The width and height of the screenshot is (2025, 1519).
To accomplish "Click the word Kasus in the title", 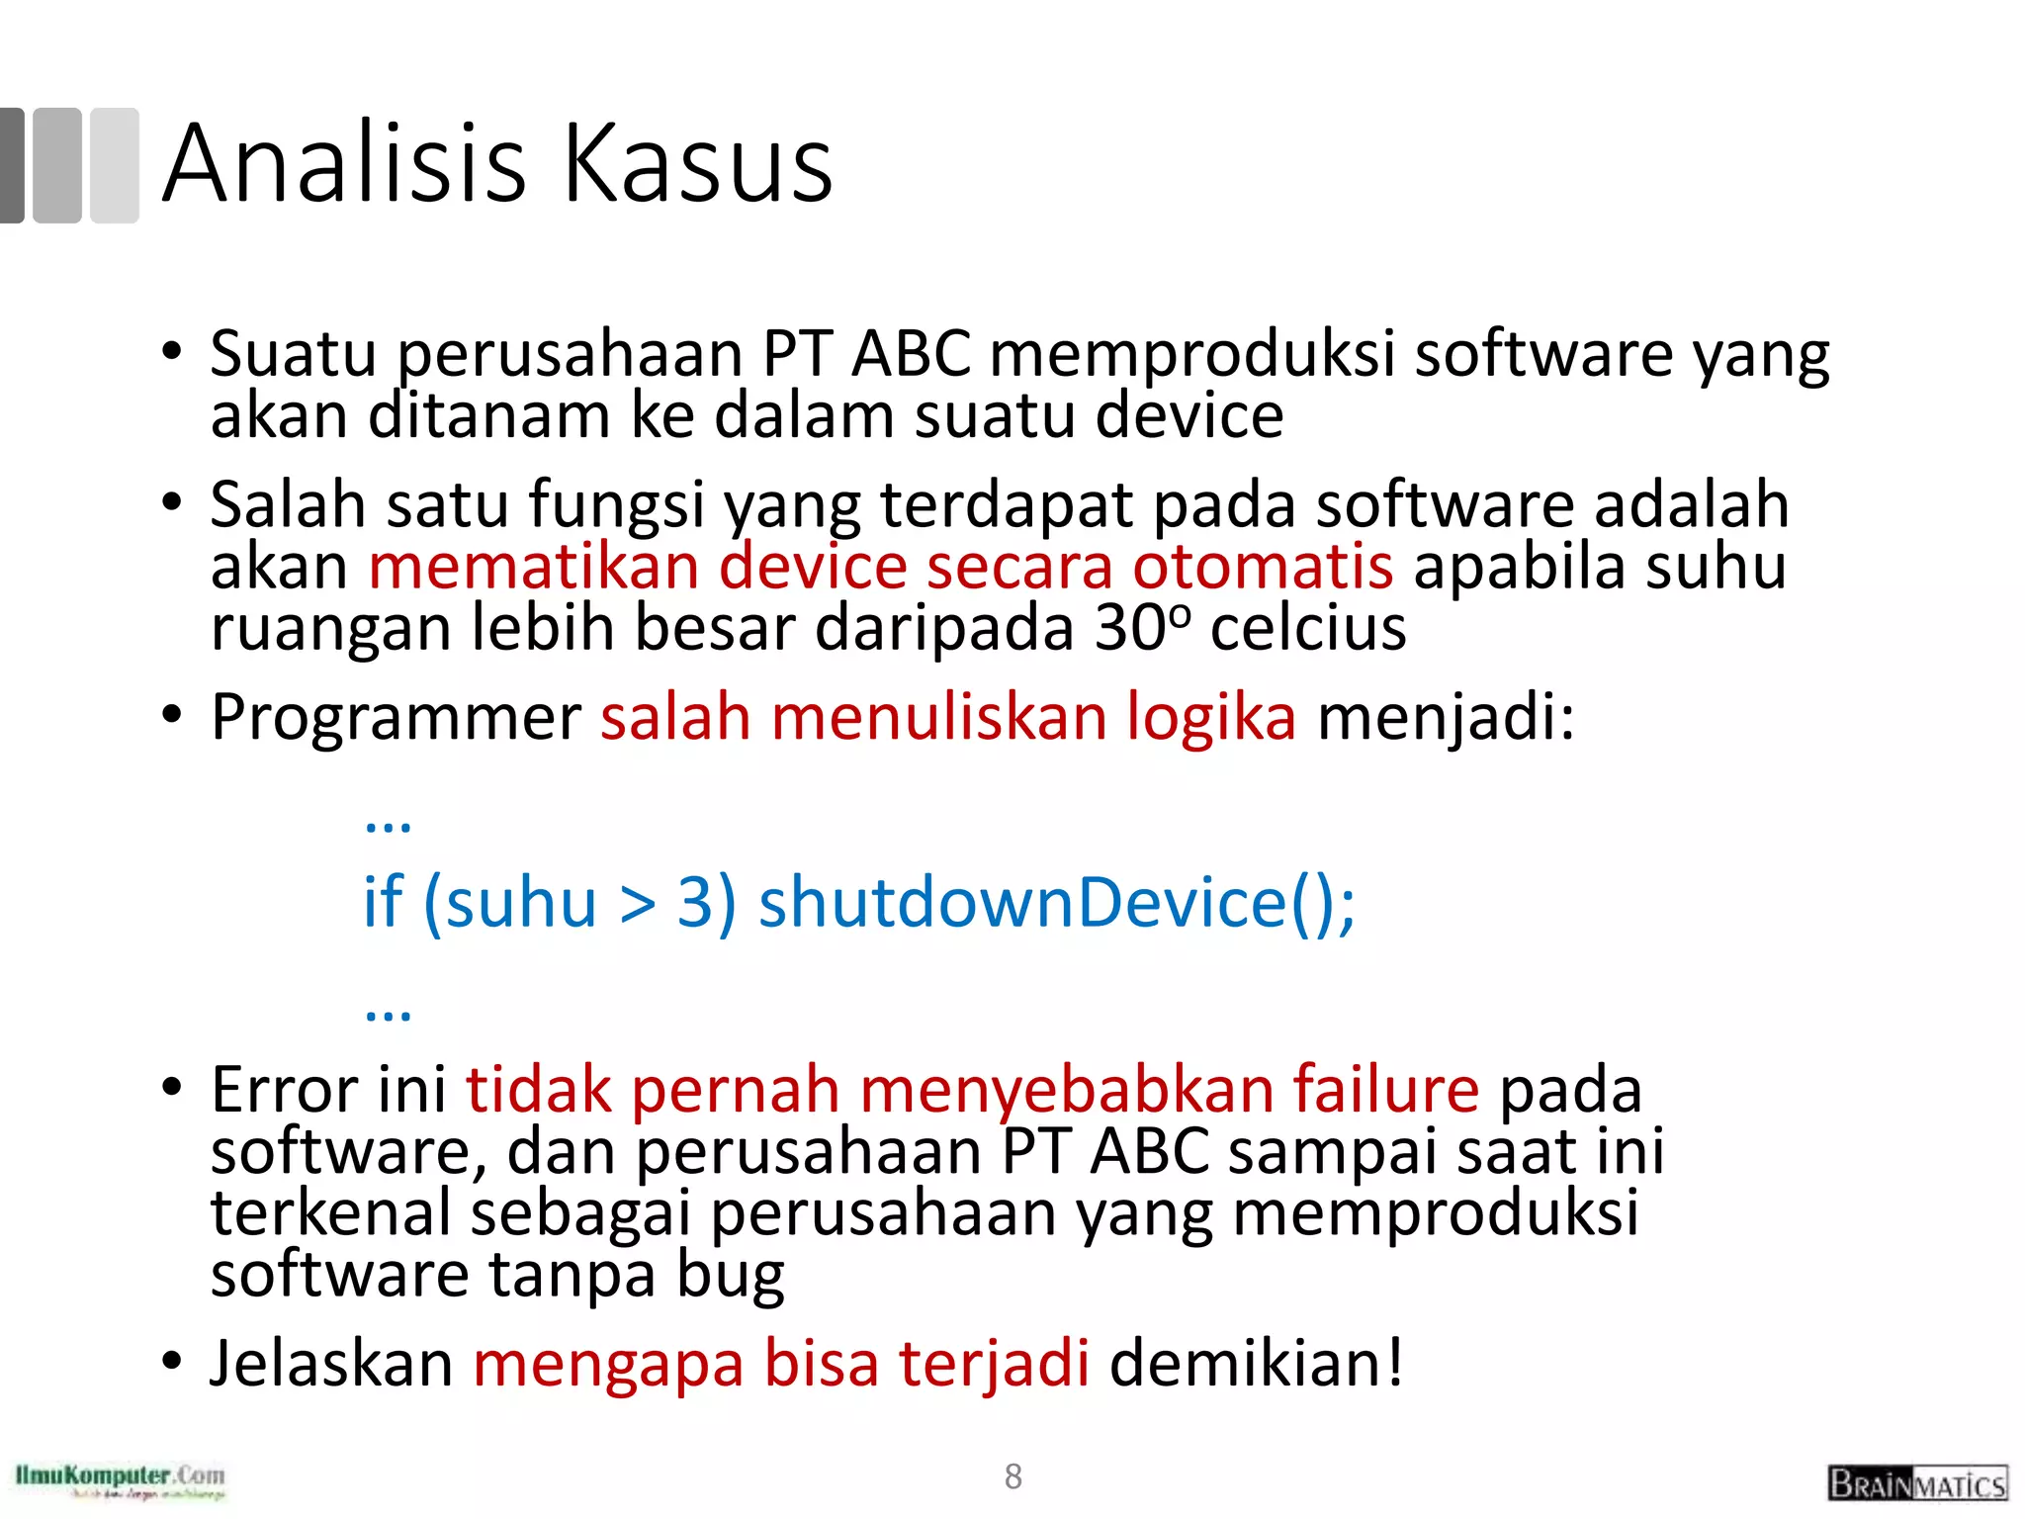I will [698, 163].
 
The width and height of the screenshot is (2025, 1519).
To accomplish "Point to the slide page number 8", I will [1012, 1476].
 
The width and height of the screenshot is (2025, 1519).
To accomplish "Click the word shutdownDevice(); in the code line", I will [1056, 903].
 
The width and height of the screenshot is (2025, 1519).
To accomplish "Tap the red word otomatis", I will [1263, 567].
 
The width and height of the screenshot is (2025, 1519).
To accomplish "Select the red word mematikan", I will [534, 567].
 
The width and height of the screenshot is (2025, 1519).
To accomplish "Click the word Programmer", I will [396, 717].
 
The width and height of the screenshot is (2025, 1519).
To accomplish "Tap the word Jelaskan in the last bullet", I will [331, 1364].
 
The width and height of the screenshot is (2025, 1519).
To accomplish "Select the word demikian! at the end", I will [1256, 1364].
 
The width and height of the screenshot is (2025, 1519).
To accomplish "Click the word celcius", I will [1307, 628].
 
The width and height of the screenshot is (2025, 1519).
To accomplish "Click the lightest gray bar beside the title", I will [115, 165].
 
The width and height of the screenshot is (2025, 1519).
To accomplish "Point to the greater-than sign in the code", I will [638, 905].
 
